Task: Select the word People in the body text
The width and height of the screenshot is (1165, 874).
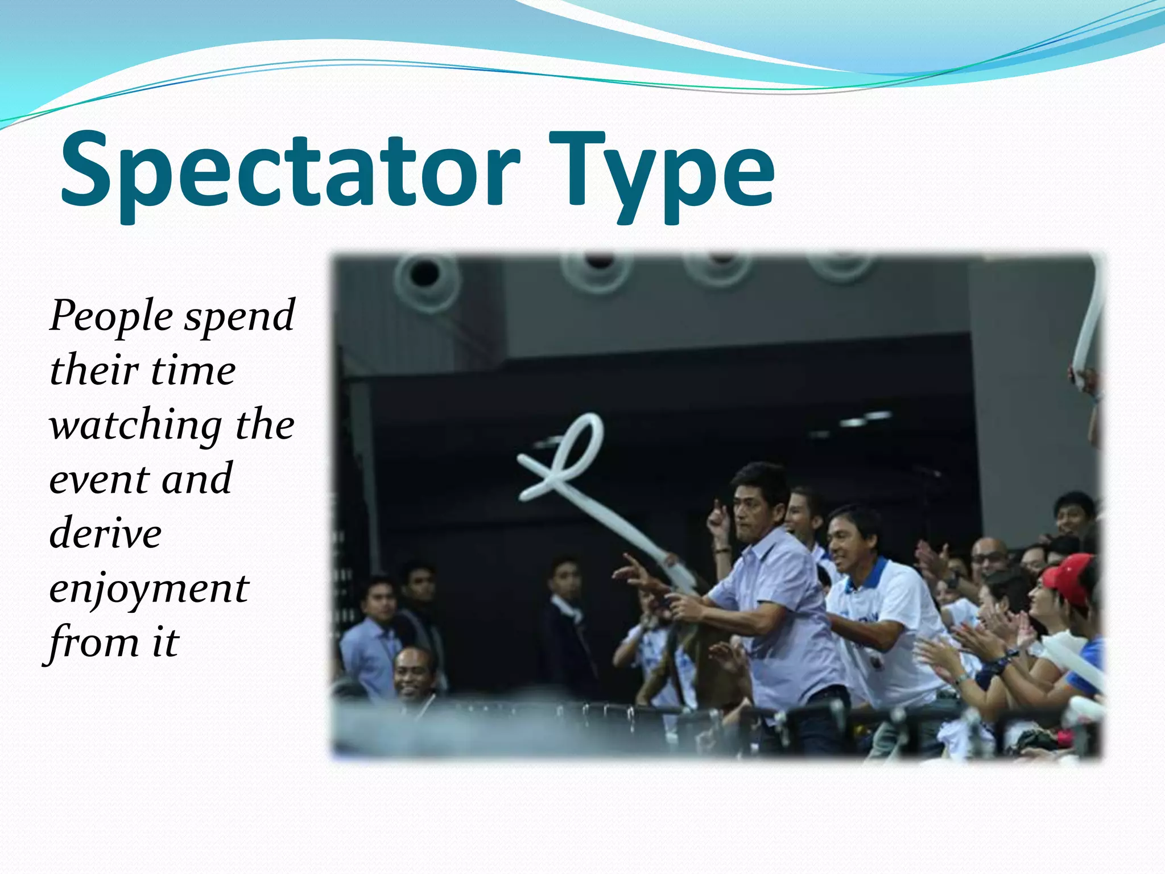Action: pyautogui.click(x=111, y=316)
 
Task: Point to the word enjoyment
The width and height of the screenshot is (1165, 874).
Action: pyautogui.click(x=149, y=589)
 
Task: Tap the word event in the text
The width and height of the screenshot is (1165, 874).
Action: pyautogui.click(x=98, y=480)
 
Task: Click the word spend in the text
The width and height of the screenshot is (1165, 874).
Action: pyautogui.click(x=239, y=316)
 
